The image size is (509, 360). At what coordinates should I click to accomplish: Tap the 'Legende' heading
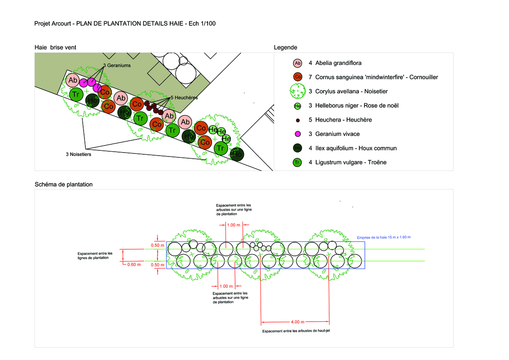tap(285, 48)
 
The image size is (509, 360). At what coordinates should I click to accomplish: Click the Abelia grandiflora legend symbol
tap(298, 63)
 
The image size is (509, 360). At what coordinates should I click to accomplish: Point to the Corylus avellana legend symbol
tap(298, 92)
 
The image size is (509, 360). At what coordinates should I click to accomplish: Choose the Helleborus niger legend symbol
tap(298, 106)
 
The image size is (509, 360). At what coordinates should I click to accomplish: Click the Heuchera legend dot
tap(298, 120)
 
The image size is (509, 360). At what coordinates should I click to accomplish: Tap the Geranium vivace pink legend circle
tap(298, 134)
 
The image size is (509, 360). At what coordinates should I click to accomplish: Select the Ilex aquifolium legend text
tap(353, 148)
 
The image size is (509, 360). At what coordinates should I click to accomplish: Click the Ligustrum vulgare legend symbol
tap(298, 163)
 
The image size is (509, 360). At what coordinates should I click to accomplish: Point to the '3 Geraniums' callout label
tap(117, 65)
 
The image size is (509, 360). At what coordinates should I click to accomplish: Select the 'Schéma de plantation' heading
tap(64, 184)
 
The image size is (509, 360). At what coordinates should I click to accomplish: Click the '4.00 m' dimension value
tap(296, 322)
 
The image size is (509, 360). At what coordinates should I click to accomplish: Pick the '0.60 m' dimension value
tap(134, 264)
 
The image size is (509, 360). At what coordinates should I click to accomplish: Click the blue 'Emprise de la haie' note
tap(384, 237)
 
